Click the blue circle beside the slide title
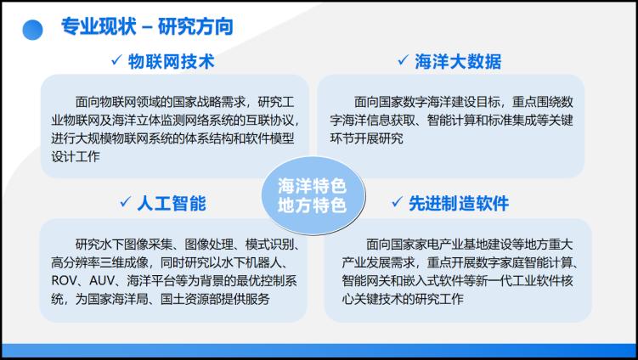[x=32, y=30]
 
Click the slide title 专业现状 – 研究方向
[x=147, y=27]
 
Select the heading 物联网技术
[x=172, y=61]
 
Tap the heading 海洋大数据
[x=458, y=61]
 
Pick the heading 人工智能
[x=172, y=204]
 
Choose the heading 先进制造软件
[x=459, y=204]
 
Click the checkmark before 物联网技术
[x=116, y=60]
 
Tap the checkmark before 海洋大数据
[x=404, y=60]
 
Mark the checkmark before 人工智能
[x=126, y=202]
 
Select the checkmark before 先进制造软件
[x=397, y=202]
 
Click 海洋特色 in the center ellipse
[x=312, y=187]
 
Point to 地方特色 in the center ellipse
[x=312, y=205]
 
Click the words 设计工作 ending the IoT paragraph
[x=76, y=156]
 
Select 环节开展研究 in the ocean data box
[x=367, y=138]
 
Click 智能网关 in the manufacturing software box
[x=366, y=281]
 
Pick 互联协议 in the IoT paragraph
[x=270, y=120]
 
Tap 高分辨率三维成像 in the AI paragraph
[x=99, y=262]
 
